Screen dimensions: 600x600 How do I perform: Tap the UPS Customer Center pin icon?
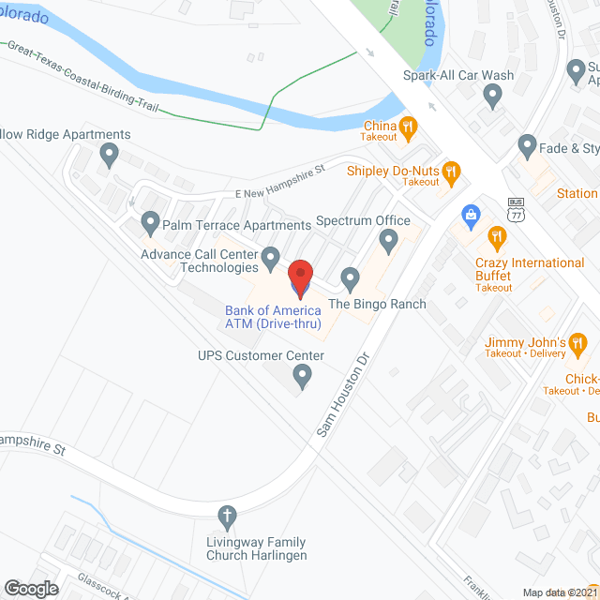tap(302, 376)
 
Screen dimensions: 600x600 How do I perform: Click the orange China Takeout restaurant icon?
tap(408, 126)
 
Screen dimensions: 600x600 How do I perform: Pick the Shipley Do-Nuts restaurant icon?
tap(452, 171)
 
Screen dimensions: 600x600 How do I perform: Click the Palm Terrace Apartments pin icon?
tap(149, 223)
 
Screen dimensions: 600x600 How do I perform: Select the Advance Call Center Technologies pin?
tap(270, 255)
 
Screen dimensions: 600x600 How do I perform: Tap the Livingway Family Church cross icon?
tap(226, 515)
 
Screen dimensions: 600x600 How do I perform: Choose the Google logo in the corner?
tap(31, 588)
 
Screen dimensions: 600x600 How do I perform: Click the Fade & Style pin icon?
tap(526, 146)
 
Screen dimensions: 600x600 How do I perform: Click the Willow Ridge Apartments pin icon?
tap(110, 153)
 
